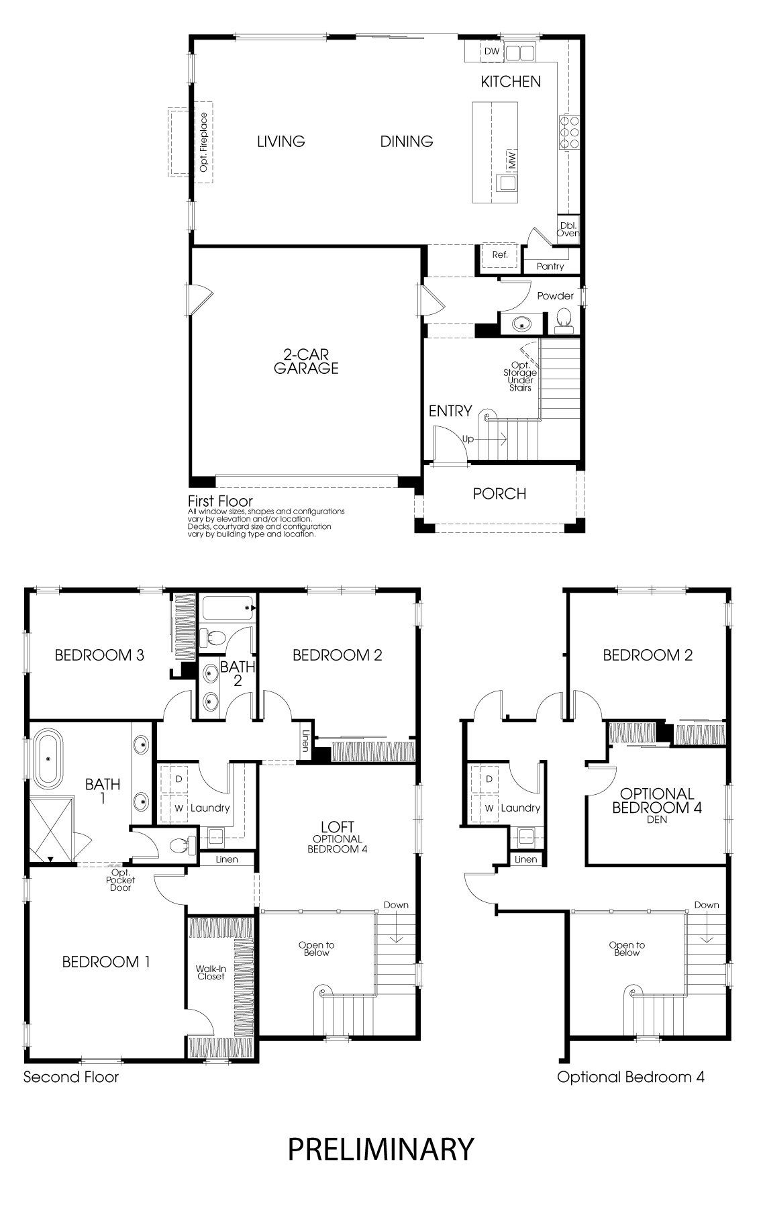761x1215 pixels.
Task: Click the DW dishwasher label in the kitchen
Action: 492,51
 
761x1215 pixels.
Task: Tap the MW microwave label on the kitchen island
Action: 512,160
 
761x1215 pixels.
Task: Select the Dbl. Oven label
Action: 568,230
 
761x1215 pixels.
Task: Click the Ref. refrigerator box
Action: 500,255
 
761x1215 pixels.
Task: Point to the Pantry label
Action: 550,266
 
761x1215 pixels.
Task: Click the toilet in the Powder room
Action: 564,320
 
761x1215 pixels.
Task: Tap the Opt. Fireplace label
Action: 204,142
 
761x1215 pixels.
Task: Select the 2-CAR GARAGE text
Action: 306,361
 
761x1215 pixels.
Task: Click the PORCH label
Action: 499,494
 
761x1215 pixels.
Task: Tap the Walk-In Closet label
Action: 211,973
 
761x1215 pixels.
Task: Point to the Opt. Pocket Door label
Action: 121,879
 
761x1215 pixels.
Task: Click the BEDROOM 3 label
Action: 99,655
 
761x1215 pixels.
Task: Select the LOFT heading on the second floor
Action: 338,827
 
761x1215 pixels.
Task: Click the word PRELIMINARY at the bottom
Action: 380,1149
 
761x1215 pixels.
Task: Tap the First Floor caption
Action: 220,501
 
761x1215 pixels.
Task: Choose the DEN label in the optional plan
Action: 657,820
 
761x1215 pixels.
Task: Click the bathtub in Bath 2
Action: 229,608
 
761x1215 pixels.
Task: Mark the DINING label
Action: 407,141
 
